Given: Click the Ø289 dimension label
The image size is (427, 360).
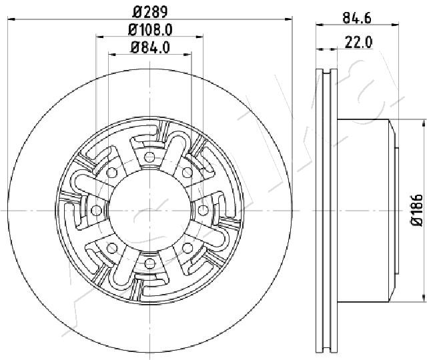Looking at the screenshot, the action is [150, 12].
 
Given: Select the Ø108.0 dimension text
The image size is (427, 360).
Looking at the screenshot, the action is [150, 29].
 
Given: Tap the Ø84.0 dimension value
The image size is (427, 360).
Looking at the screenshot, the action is [150, 47].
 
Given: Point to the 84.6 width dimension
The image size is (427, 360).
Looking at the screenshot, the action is [357, 18].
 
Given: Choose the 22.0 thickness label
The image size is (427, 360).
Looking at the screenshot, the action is [358, 42].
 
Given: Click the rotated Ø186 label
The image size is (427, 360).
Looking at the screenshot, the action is [417, 210].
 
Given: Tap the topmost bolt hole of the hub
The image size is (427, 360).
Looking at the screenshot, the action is [149, 157].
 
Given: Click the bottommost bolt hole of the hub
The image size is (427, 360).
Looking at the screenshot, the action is [149, 263].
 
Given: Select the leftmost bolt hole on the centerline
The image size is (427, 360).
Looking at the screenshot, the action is [96, 211].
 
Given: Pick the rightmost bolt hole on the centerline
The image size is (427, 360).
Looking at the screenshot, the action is [203, 210].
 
